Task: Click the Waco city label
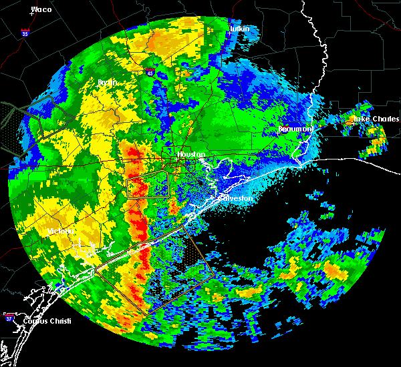click(x=41, y=9)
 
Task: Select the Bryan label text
click(x=107, y=82)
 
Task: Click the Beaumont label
click(x=296, y=128)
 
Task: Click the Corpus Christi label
click(x=45, y=321)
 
